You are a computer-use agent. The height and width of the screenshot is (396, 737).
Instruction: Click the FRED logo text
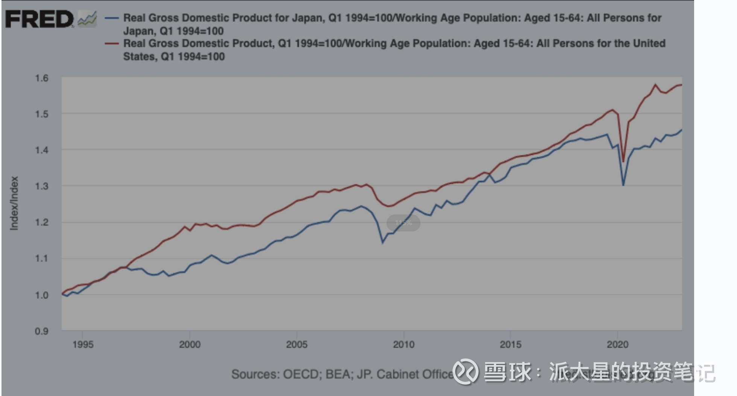pos(39,19)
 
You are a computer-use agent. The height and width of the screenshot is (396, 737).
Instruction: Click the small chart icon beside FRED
pos(87,19)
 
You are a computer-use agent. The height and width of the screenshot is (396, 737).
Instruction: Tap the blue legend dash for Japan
pos(112,18)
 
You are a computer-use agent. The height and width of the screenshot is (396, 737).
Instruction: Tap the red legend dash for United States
pos(112,44)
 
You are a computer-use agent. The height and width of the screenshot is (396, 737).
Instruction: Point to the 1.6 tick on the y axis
pos(42,78)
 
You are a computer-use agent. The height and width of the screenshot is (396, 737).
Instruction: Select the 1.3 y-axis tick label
pos(42,186)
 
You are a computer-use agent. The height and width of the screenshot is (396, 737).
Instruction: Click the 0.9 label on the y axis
pos(42,331)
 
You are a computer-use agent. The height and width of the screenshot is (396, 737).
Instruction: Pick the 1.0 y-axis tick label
pos(42,295)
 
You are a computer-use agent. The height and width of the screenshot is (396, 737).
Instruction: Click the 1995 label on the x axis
pos(83,344)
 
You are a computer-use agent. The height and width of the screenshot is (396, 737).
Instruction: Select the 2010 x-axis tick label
pos(404,344)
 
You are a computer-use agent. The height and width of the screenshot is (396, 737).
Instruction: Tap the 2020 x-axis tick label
pos(617,344)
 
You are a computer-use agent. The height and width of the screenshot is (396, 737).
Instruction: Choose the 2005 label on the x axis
pos(297,344)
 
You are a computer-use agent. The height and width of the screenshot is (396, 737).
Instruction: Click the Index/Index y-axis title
pos(14,203)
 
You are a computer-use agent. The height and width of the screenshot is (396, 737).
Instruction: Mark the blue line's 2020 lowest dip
pos(623,185)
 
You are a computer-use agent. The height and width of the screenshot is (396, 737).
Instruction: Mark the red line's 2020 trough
pos(623,161)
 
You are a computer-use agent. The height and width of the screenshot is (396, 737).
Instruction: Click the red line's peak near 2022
pos(655,84)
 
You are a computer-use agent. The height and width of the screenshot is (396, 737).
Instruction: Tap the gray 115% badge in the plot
pos(403,223)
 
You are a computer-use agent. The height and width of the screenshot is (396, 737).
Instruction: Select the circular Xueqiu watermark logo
pos(466,372)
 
